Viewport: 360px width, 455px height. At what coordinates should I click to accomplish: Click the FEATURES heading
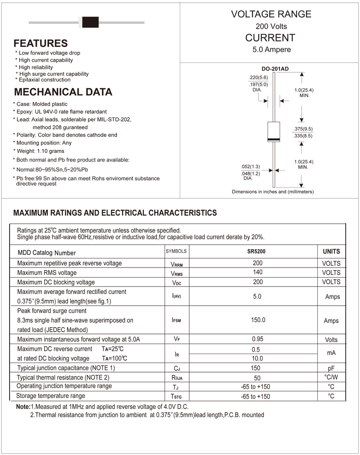pos(41,44)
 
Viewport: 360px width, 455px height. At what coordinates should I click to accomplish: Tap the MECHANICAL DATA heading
pos(63,92)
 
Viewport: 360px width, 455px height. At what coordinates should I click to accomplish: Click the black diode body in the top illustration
pos(89,21)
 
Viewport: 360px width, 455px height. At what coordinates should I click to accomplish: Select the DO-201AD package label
pos(275,69)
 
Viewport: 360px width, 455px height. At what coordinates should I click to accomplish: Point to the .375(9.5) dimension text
pos(303,129)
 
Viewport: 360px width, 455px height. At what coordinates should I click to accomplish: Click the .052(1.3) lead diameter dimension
pos(250,166)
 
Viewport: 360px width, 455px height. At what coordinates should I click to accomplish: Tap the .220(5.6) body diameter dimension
pos(258,77)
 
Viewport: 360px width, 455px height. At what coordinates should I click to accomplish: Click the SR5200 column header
pos(257,251)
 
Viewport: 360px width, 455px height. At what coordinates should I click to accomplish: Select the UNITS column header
pos(331,251)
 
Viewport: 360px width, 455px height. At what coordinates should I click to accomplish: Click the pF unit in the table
pos(331,368)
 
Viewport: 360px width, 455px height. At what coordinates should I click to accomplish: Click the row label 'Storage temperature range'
pos(51,396)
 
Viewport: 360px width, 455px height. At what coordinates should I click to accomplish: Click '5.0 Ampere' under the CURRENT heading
pos(271,50)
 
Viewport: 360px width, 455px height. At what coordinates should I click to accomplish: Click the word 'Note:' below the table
pos(23,406)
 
